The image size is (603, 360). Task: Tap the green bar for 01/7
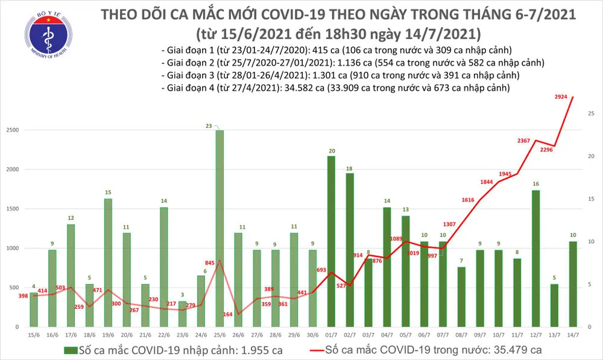point(332,241)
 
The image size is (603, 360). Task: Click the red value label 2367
point(523,141)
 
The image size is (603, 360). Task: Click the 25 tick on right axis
point(592,113)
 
